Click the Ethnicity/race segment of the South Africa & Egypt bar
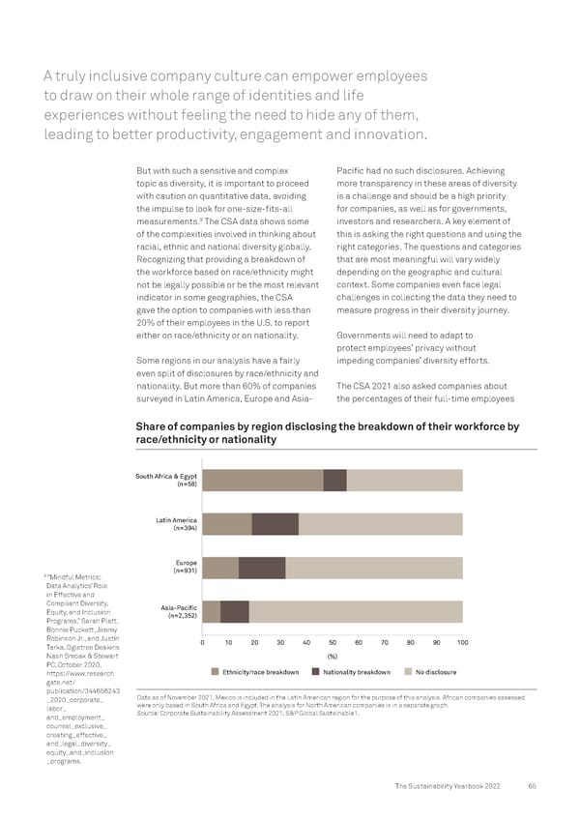[x=262, y=481]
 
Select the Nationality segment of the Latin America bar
[x=275, y=524]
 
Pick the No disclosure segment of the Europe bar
[x=374, y=568]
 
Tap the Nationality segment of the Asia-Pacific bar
[x=235, y=611]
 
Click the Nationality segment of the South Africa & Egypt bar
[x=334, y=481]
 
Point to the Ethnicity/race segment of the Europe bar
[x=220, y=568]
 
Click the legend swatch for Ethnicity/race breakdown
[x=215, y=672]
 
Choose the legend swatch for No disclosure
[x=408, y=672]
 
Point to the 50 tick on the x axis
[x=333, y=644]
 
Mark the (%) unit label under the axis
[x=333, y=657]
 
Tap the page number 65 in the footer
[x=533, y=785]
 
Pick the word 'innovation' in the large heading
[x=379, y=134]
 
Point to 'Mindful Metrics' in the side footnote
[x=70, y=577]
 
